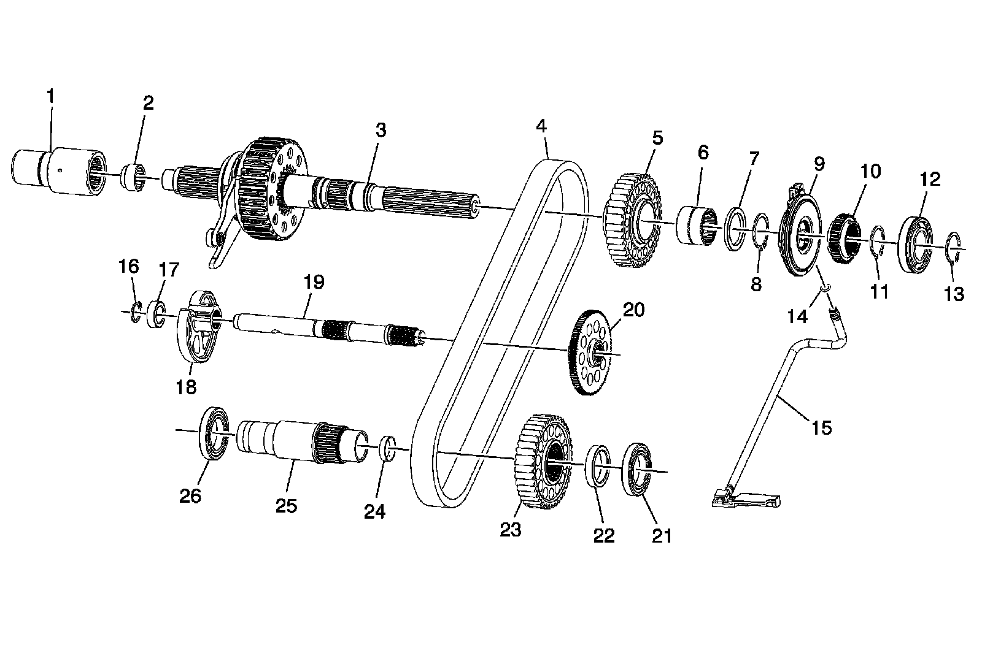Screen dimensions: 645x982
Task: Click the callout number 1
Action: [x=51, y=97]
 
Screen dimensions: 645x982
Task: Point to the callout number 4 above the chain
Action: [x=540, y=126]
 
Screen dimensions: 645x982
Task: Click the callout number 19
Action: [x=314, y=282]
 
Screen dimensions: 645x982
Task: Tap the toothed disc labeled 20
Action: [x=591, y=353]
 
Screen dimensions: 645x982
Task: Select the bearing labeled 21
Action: [x=638, y=471]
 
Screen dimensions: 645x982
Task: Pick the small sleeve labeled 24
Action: [x=388, y=448]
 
